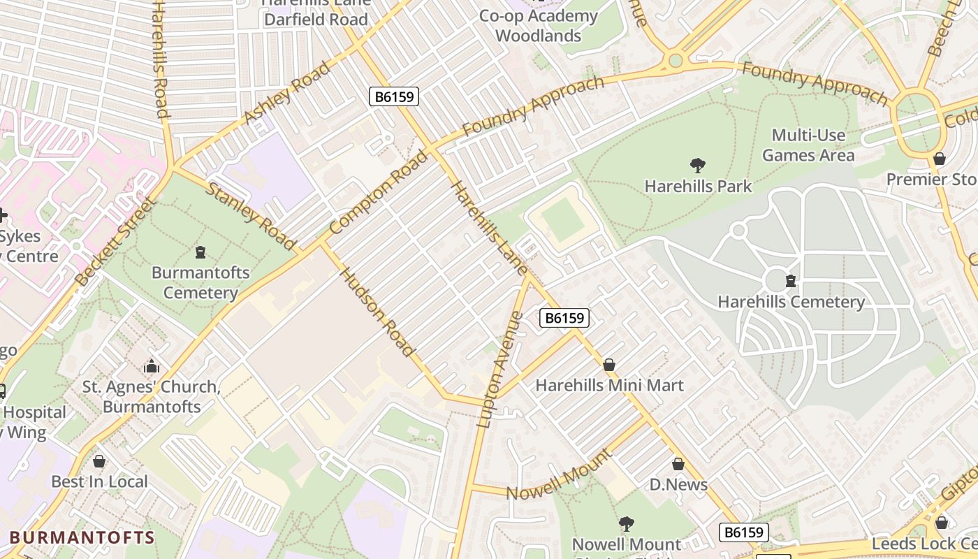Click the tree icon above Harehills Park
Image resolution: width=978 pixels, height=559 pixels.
pyautogui.click(x=697, y=166)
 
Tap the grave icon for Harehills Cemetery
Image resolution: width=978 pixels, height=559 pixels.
pyautogui.click(x=791, y=281)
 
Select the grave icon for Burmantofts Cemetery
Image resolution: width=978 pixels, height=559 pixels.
pyautogui.click(x=200, y=252)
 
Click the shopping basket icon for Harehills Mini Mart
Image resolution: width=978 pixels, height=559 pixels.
pyautogui.click(x=609, y=365)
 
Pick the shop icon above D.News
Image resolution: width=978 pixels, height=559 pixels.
pyautogui.click(x=678, y=464)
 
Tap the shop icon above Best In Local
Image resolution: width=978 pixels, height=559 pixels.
pyautogui.click(x=99, y=461)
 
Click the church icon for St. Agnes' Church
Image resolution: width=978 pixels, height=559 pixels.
pyautogui.click(x=151, y=366)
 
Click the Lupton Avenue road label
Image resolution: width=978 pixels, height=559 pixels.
pyautogui.click(x=499, y=369)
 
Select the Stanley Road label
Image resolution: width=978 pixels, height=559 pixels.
pyautogui.click(x=250, y=216)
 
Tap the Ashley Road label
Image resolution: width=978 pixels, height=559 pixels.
pyautogui.click(x=288, y=94)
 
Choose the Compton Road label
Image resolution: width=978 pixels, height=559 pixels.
pyautogui.click(x=378, y=193)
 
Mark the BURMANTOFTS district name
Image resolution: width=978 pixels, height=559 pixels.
pyautogui.click(x=82, y=537)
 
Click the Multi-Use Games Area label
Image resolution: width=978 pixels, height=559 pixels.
pyautogui.click(x=808, y=145)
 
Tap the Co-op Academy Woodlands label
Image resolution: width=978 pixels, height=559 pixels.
pyautogui.click(x=538, y=26)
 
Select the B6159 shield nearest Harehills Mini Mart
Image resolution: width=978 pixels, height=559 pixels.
pyautogui.click(x=564, y=318)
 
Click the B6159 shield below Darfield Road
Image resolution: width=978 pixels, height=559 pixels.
pyautogui.click(x=394, y=96)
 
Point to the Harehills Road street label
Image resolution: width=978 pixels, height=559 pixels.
pyautogui.click(x=160, y=59)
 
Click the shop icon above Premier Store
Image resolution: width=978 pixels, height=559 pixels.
pyautogui.click(x=940, y=159)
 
